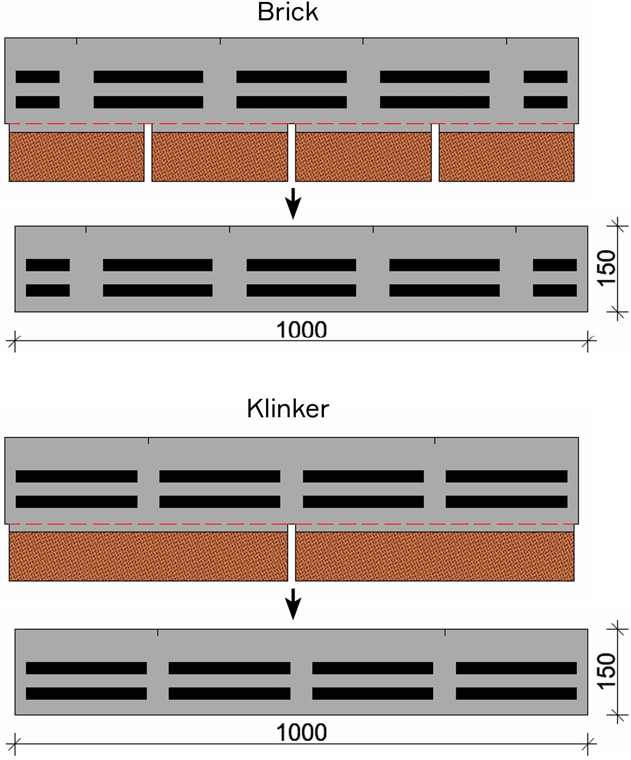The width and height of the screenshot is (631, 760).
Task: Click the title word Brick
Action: (x=288, y=12)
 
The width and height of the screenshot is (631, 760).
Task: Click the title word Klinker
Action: (x=288, y=409)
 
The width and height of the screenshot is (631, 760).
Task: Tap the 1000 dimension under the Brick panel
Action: (x=301, y=330)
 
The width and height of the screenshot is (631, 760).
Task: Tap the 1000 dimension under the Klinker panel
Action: (x=301, y=732)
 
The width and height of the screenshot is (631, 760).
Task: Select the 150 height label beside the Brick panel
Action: (x=606, y=269)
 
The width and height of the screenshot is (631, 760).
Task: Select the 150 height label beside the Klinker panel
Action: (x=606, y=671)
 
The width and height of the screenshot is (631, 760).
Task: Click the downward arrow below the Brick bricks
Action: (x=292, y=203)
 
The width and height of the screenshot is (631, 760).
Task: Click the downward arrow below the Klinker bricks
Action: (x=292, y=604)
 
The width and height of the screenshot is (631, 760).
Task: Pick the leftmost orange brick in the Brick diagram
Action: (x=77, y=157)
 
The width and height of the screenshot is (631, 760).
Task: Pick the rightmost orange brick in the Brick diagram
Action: (x=507, y=157)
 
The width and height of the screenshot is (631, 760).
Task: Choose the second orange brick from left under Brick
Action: (x=220, y=157)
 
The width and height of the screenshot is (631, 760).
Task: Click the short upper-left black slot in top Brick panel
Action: (x=38, y=77)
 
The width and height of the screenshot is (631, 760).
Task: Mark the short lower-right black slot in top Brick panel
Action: (x=545, y=102)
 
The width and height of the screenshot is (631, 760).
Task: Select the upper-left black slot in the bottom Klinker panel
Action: (x=86, y=668)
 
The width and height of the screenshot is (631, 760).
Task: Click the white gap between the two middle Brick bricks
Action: (x=292, y=152)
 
